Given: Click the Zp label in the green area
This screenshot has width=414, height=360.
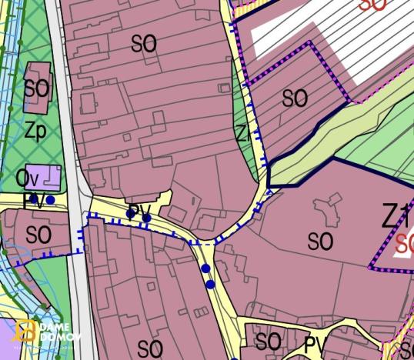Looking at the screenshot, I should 35,132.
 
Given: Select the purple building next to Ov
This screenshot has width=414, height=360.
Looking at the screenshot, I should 43,177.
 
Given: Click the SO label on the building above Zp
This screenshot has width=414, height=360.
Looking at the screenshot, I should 35,88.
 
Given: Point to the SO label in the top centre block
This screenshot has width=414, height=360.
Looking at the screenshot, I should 144,44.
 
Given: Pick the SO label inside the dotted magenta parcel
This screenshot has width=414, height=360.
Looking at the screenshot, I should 295,98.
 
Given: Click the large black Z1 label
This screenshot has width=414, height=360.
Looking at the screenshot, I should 397,218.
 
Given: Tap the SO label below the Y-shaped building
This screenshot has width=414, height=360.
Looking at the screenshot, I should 320,242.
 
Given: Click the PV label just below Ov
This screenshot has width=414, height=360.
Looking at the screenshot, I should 34,202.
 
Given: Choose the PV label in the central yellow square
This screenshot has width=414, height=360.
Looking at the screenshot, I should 139,210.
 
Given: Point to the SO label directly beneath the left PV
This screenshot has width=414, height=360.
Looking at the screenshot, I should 38,234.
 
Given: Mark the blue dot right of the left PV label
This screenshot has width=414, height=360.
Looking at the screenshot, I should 51,200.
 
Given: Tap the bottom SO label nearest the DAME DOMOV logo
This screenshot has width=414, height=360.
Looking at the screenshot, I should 150,348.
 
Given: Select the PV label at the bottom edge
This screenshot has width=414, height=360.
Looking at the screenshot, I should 316,344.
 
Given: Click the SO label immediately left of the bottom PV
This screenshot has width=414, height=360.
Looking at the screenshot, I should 268,341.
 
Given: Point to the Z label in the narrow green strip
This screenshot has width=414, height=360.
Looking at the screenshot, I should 242,134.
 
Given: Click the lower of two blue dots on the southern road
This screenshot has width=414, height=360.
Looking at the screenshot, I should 210,284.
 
